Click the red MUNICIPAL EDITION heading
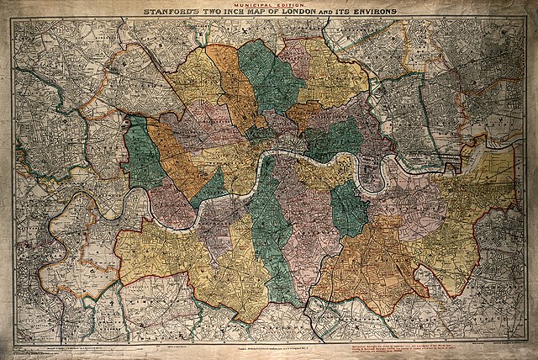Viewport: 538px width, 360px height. [266, 4]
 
